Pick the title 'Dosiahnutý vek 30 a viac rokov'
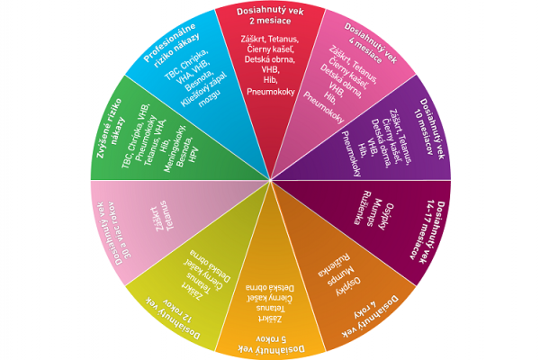[x=114, y=238]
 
